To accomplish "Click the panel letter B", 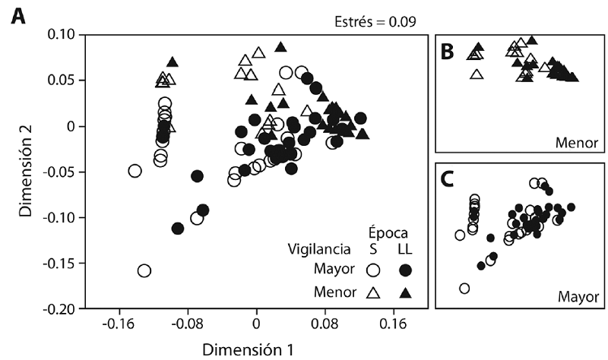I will [448, 51].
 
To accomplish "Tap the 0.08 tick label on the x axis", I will [325, 324].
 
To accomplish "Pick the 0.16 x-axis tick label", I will [394, 324].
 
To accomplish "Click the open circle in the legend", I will [373, 270].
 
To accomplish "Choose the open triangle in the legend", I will [373, 292].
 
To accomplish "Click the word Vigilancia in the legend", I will [320, 248].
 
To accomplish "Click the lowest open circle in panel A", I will [144, 270].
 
